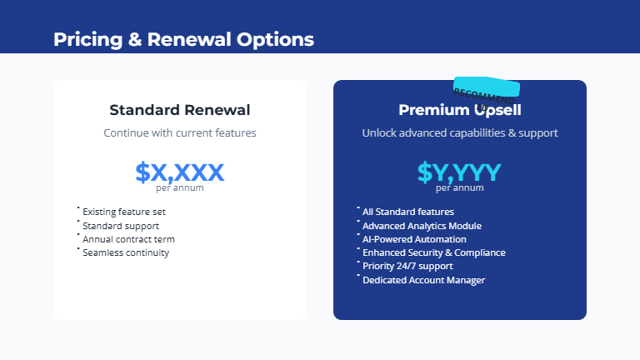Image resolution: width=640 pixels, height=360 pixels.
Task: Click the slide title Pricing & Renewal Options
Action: [x=183, y=39]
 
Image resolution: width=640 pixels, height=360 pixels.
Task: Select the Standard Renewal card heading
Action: [x=180, y=110]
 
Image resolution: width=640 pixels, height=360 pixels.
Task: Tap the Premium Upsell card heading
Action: [x=460, y=110]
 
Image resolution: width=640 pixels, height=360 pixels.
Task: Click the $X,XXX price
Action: [x=180, y=172]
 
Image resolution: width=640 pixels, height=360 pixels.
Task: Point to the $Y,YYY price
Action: [x=460, y=172]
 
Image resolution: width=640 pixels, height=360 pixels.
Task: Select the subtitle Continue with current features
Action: [x=180, y=132]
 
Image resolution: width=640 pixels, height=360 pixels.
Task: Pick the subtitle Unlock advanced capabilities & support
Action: [x=460, y=132]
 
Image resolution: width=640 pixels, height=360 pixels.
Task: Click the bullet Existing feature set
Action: [x=124, y=212]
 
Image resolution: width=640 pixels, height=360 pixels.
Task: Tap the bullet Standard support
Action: [x=121, y=226]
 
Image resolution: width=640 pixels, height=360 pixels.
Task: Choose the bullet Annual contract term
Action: [x=128, y=239]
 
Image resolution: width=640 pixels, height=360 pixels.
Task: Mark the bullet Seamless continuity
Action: [x=126, y=252]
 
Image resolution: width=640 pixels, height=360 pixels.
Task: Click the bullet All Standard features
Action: [x=408, y=212]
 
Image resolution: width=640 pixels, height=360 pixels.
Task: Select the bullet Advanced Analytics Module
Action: [x=422, y=226]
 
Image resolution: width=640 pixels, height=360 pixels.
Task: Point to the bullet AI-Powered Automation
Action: [x=414, y=239]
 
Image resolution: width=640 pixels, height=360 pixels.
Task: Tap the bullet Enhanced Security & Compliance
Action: [x=433, y=252]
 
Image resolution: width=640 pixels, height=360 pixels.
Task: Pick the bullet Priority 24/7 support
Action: [x=407, y=266]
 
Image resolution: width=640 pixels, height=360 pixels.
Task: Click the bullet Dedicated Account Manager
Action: [x=423, y=280]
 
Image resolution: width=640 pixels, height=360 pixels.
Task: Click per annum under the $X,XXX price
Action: [x=180, y=188]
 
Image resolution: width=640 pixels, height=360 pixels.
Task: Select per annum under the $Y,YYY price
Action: [x=460, y=188]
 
